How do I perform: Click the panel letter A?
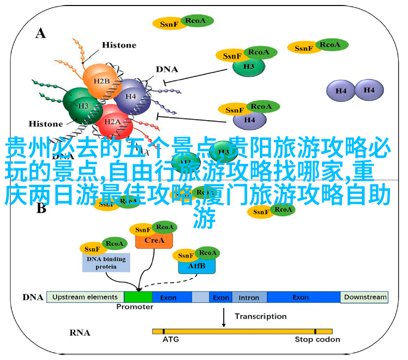click(x=41, y=33)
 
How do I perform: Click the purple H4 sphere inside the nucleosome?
click(x=131, y=96)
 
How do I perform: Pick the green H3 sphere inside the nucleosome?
click(x=83, y=105)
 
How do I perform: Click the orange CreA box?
click(x=154, y=240)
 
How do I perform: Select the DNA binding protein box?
click(x=106, y=262)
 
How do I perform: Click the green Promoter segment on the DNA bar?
click(x=138, y=297)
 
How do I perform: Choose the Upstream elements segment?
click(x=85, y=297)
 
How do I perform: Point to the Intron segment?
click(x=249, y=297)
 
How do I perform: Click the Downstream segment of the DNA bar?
click(x=365, y=297)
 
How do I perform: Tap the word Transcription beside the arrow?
click(x=261, y=316)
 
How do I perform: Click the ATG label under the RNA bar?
click(x=170, y=339)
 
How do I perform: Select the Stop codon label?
click(x=317, y=339)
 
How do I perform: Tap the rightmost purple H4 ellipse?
click(x=369, y=90)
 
